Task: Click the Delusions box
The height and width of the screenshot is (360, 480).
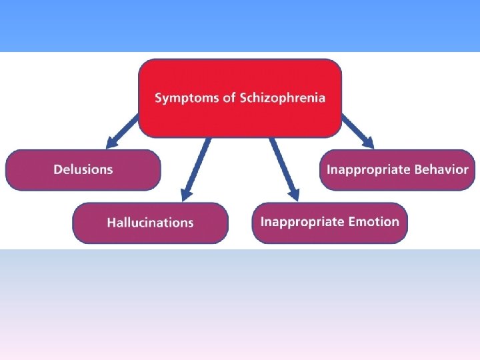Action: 83,169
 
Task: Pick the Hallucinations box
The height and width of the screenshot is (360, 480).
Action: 150,223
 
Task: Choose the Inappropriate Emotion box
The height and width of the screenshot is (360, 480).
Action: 329,222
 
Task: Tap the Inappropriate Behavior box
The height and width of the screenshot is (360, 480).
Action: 397,169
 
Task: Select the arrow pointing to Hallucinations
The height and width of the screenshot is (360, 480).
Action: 197,167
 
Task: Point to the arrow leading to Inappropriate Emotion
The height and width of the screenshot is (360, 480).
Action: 283,167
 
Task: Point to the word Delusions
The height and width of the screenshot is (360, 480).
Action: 83,169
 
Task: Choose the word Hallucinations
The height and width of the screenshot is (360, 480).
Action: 150,223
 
